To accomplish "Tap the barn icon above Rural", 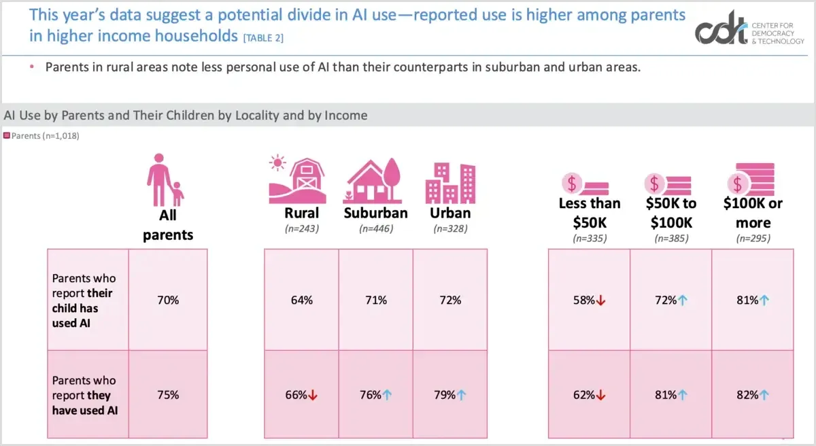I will click(298, 179).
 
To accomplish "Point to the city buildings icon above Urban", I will click(450, 182).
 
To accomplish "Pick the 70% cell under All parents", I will click(167, 300).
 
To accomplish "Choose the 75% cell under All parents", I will click(167, 395).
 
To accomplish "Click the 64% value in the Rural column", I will click(301, 300).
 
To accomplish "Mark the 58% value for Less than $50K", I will click(584, 300).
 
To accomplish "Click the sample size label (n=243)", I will click(301, 229).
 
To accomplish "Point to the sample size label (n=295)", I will click(752, 239).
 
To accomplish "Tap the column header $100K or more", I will click(752, 213).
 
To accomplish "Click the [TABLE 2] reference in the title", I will click(263, 38).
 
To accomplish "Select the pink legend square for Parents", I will click(7, 136).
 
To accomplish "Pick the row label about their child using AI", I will click(84, 300).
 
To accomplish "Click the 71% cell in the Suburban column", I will click(375, 300).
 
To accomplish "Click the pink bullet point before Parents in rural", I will click(31, 67).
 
